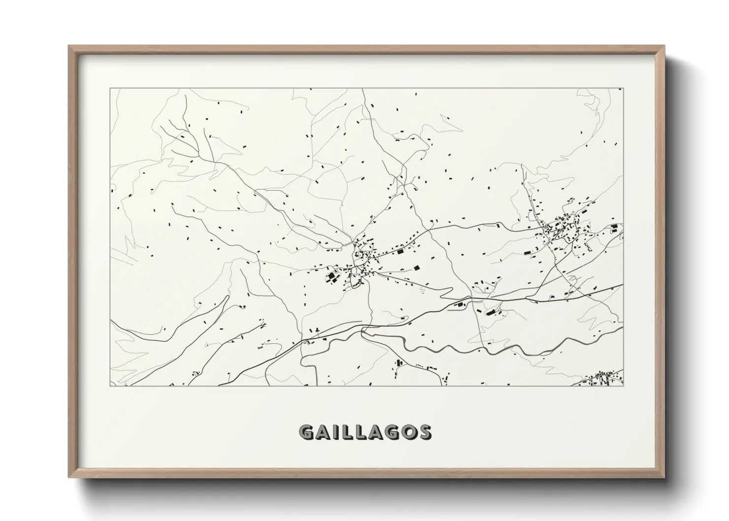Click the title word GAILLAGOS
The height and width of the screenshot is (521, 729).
point(364,431)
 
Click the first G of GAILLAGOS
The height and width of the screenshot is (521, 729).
point(306,431)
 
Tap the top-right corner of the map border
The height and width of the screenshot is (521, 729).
point(623,88)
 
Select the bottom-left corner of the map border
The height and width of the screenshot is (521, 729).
point(110,386)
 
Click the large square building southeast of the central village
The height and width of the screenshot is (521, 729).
point(417,268)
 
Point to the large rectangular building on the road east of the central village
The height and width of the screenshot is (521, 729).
point(400,252)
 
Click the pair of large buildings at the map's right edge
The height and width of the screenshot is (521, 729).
point(614,229)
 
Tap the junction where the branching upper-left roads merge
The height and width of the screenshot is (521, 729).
point(213,161)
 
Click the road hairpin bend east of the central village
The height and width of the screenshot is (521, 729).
point(446,295)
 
